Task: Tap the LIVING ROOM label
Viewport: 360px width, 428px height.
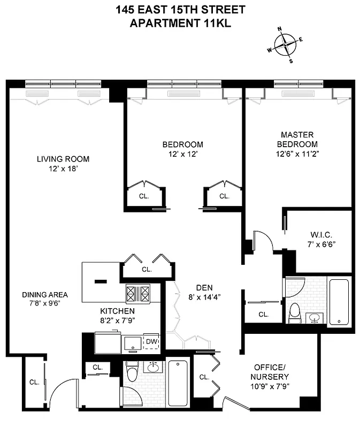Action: pyautogui.click(x=63, y=159)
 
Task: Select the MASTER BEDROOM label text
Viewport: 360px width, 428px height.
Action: pyautogui.click(x=297, y=140)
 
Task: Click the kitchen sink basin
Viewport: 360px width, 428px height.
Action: pyautogui.click(x=131, y=344)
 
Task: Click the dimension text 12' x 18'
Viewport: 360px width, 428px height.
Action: pyautogui.click(x=63, y=169)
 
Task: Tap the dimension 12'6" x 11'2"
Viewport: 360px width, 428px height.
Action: pyautogui.click(x=297, y=154)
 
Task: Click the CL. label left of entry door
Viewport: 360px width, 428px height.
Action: pyautogui.click(x=34, y=382)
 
